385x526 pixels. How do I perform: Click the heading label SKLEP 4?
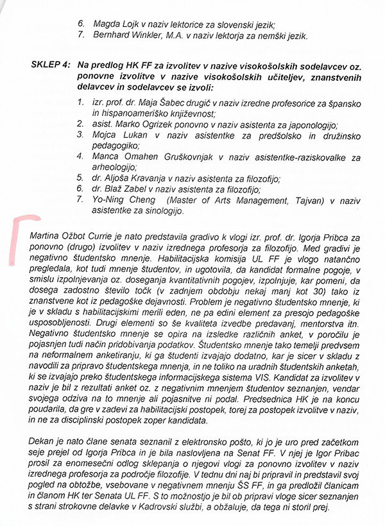pos(51,66)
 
